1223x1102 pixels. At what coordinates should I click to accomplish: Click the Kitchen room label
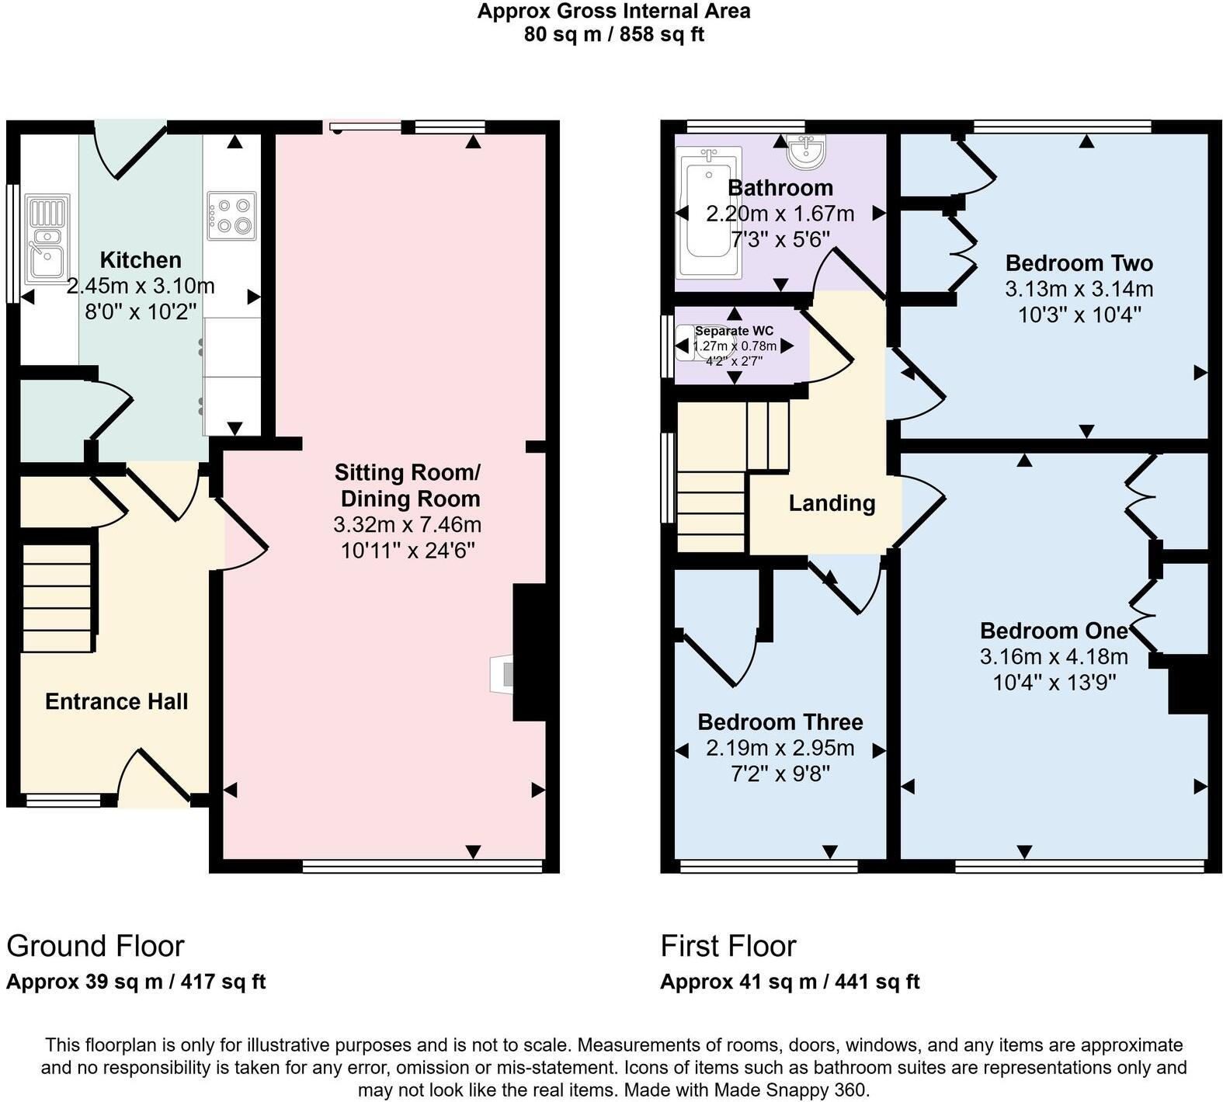141,260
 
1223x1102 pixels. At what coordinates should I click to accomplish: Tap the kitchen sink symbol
47,238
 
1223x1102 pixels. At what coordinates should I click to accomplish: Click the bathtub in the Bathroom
708,213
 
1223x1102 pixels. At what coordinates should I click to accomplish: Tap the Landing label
832,503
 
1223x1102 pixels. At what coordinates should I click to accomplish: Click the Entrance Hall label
116,701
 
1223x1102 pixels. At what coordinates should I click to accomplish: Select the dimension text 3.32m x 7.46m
407,525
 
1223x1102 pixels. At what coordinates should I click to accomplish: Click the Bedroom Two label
1079,262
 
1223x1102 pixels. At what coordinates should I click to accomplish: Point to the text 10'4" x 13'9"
1054,683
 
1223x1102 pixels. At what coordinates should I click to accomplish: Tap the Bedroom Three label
780,722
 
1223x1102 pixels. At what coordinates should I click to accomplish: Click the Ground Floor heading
96,946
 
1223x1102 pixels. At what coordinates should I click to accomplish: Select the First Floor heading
728,946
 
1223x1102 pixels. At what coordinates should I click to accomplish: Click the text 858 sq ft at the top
662,35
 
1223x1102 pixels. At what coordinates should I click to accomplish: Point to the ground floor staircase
57,598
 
